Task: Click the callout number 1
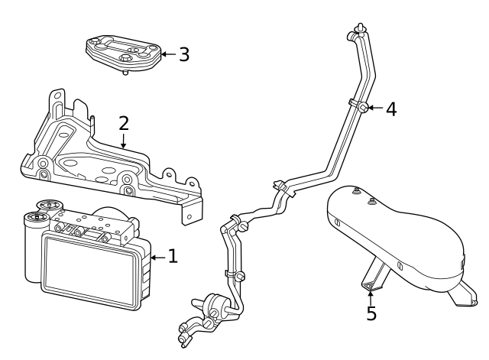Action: [x=172, y=257]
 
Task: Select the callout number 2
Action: [x=123, y=124]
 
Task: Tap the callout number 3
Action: [x=183, y=55]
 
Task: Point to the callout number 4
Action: [x=390, y=109]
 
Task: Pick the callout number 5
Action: [x=371, y=313]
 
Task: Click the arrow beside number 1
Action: [x=157, y=258]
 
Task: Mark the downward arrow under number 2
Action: [x=123, y=141]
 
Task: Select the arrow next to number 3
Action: [x=167, y=55]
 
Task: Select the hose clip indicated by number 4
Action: [x=364, y=107]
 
